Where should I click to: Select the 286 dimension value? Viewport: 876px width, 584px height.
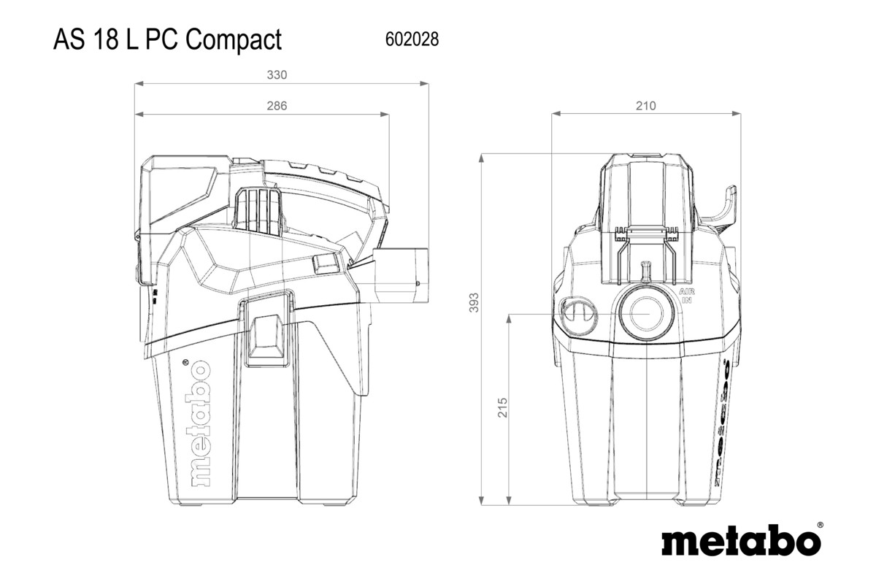pos(276,106)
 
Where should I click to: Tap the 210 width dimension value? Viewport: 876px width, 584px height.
pos(645,106)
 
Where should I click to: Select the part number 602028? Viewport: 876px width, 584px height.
pos(411,40)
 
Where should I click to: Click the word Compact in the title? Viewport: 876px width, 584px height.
pos(234,39)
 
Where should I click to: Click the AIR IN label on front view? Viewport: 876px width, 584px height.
pos(686,296)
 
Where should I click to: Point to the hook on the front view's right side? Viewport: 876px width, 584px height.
pos(723,207)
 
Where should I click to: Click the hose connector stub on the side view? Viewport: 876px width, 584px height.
pos(401,274)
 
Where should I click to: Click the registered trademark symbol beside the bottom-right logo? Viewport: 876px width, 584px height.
pos(820,524)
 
